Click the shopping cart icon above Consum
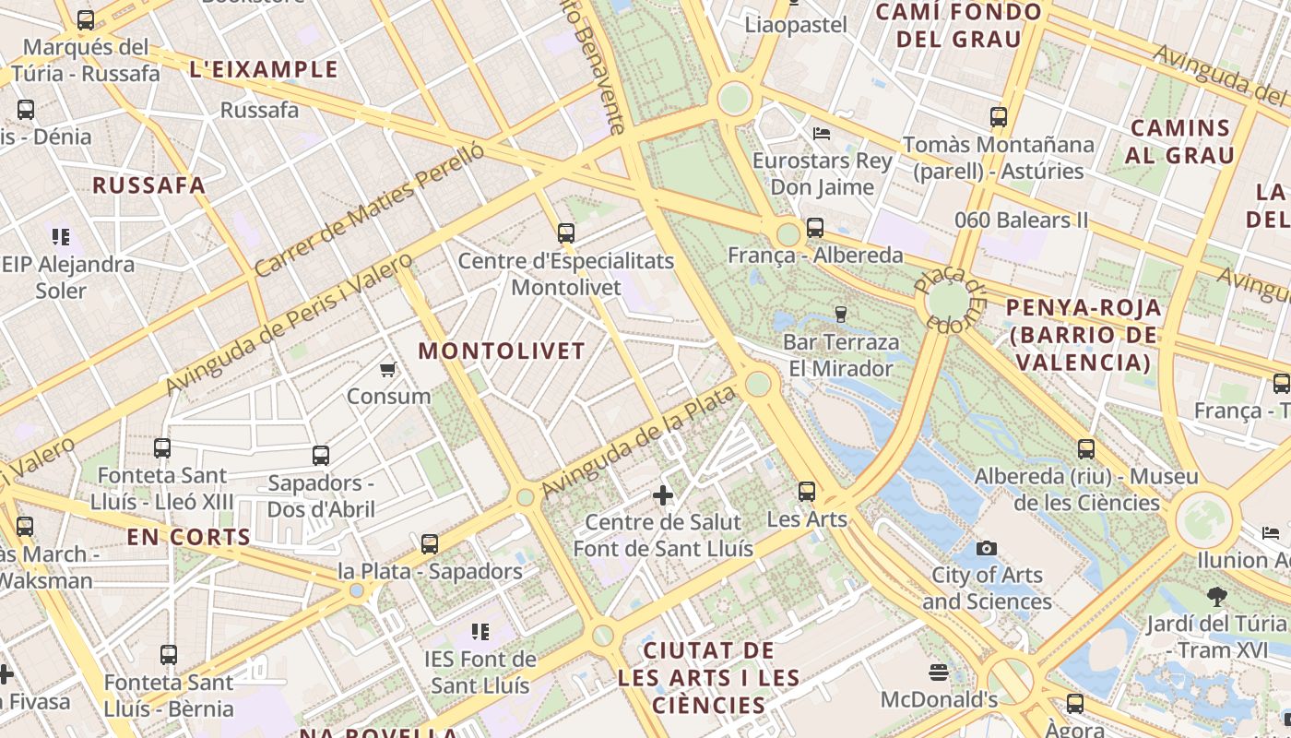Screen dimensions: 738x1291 (x=388, y=370)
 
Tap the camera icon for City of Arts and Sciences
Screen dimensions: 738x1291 (x=987, y=548)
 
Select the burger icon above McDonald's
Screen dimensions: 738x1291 (x=939, y=673)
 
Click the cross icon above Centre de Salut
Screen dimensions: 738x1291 (x=663, y=495)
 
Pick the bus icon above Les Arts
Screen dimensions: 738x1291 (x=807, y=492)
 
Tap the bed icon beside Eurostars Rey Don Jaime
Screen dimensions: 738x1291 (x=822, y=134)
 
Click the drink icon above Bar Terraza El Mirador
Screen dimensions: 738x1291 (x=840, y=315)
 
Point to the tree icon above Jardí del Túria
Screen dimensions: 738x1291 (x=1217, y=597)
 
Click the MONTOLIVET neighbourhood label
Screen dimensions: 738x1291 (x=502, y=351)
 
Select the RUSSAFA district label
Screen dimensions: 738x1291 (x=148, y=185)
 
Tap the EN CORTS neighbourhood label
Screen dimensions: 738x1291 (x=188, y=538)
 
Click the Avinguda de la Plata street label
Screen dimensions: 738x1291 (x=638, y=441)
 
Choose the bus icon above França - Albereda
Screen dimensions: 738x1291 (x=815, y=228)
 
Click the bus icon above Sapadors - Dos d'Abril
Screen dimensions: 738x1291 (x=321, y=456)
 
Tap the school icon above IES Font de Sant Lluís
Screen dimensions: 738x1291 (x=480, y=632)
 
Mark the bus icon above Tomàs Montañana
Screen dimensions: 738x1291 (x=999, y=117)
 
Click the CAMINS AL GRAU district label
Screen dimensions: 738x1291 (x=1180, y=141)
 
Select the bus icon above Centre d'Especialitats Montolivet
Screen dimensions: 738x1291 (x=566, y=233)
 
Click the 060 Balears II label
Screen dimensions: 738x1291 (x=1021, y=220)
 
